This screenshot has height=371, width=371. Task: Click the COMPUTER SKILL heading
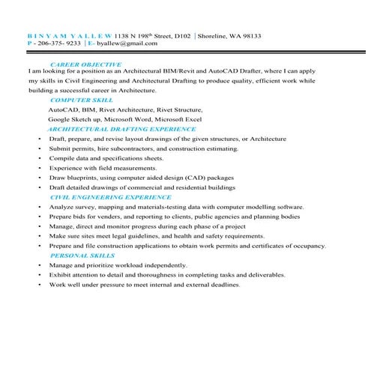82,100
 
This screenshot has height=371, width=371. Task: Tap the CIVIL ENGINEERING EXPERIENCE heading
100,196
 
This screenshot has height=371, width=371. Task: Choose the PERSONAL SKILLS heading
82,255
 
